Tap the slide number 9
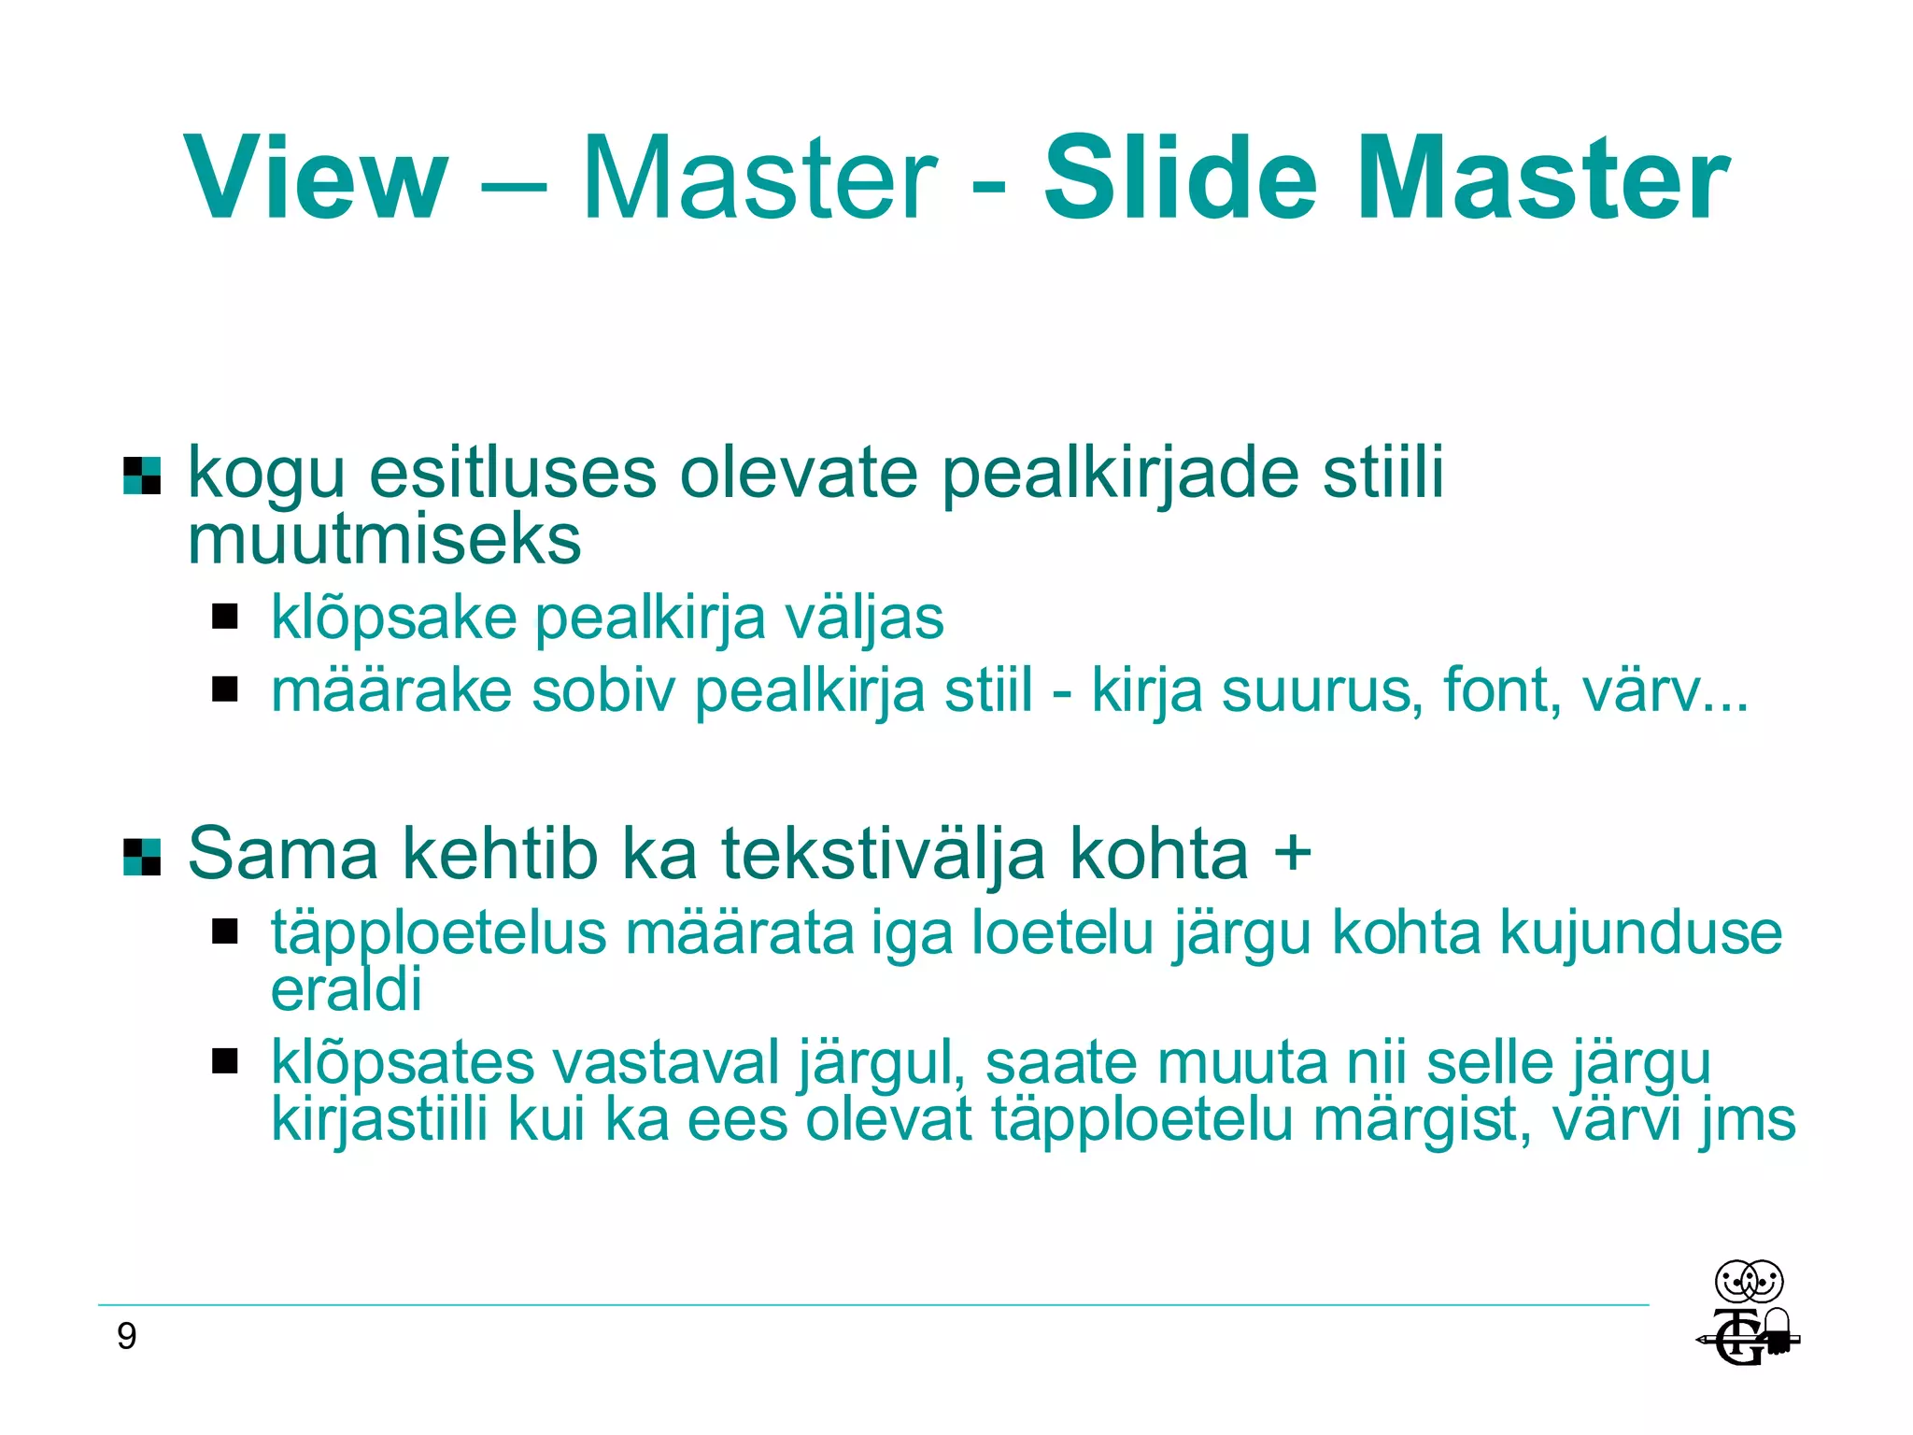click(x=127, y=1337)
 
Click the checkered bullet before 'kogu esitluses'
click(x=142, y=475)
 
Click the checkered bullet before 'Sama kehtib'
click(x=142, y=857)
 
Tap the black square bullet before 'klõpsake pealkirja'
click(x=224, y=617)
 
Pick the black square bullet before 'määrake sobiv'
click(x=224, y=689)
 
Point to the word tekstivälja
click(x=883, y=854)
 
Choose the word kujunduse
click(x=1641, y=932)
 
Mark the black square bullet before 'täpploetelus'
click(x=224, y=931)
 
